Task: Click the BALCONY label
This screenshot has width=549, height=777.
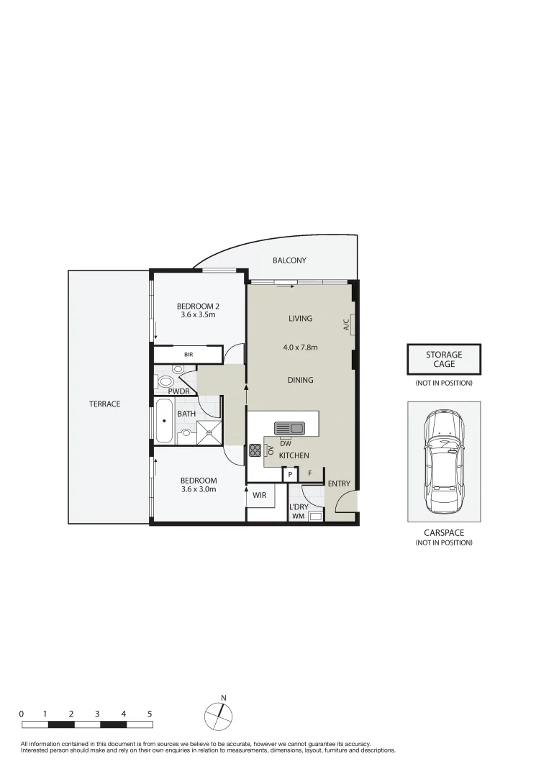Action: [289, 260]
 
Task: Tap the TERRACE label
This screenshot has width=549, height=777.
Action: [104, 404]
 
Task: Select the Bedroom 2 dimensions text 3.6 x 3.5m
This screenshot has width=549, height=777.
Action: [198, 314]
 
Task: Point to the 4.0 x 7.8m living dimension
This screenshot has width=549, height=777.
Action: [300, 347]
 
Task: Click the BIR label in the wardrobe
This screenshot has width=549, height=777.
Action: [189, 355]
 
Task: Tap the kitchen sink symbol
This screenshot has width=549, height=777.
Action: [289, 428]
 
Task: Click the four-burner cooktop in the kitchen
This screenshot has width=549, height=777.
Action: [255, 450]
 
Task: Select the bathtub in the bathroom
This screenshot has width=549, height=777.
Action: [164, 421]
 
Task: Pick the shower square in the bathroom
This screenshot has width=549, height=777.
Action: [209, 432]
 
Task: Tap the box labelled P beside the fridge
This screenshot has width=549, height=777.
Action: [291, 475]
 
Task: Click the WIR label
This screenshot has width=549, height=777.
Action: [260, 495]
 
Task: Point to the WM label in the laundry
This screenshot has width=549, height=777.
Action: [299, 516]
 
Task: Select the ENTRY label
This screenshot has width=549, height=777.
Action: [339, 483]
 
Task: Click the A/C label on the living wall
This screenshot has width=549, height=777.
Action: [346, 324]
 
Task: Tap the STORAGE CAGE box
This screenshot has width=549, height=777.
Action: [444, 359]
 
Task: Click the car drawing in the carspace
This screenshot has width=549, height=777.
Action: [444, 462]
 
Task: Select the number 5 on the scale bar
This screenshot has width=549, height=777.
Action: [150, 714]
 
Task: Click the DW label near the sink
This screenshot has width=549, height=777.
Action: [286, 443]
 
